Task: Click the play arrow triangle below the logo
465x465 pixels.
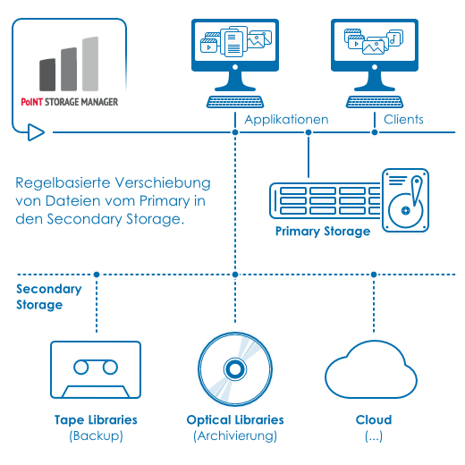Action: (36, 132)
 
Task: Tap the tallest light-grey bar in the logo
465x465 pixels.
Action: (90, 63)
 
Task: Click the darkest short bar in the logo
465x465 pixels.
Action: (47, 75)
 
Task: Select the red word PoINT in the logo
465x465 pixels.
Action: (32, 102)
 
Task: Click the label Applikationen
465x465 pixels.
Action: (286, 120)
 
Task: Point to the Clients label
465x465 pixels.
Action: (403, 120)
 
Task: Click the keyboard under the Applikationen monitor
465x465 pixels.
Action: (235, 102)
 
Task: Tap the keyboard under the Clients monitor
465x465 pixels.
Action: (375, 102)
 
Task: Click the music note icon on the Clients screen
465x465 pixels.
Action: (395, 38)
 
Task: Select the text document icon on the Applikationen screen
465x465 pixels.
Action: (233, 45)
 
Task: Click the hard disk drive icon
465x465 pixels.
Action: (405, 200)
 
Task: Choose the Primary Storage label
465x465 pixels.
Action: (323, 232)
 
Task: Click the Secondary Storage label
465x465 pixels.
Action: (49, 297)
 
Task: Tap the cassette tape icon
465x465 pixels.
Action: (96, 369)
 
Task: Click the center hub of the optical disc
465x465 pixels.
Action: (235, 369)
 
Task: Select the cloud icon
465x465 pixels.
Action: (371, 369)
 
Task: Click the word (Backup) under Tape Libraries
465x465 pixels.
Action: (96, 435)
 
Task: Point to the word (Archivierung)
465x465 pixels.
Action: (235, 435)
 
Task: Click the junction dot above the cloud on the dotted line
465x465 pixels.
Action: (374, 275)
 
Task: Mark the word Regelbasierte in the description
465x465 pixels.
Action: (63, 183)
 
